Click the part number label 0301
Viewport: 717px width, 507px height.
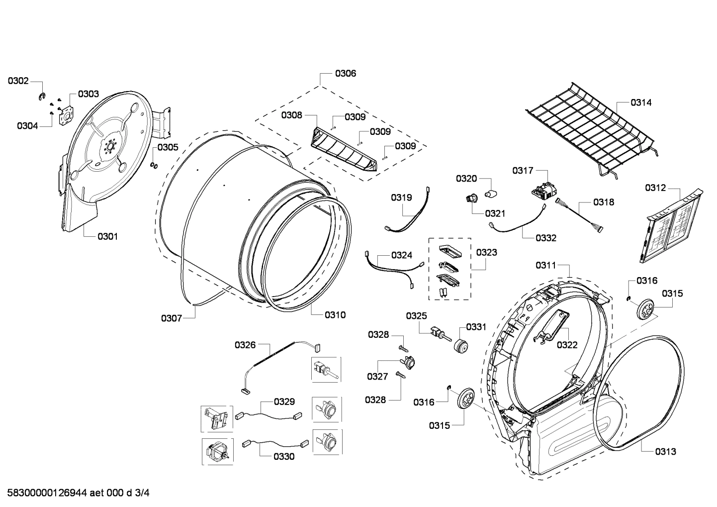click(x=107, y=236)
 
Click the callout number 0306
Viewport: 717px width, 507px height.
click(x=345, y=74)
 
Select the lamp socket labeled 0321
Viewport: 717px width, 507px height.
click(x=471, y=199)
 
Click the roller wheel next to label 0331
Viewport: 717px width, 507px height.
click(x=461, y=344)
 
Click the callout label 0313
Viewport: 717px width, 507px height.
click(x=665, y=452)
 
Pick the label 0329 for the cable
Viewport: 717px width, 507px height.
click(x=284, y=402)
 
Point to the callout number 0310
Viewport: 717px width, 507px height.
click(x=335, y=315)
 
